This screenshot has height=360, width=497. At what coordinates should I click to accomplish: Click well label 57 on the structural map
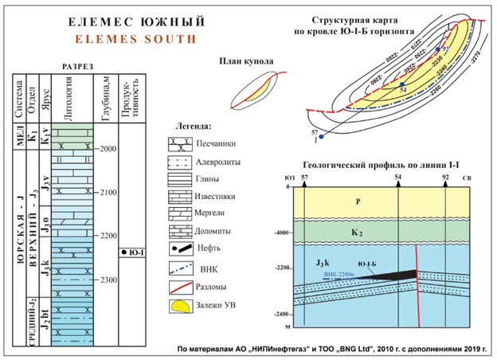click(315, 131)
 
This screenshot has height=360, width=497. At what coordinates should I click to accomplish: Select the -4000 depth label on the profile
click(280, 233)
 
